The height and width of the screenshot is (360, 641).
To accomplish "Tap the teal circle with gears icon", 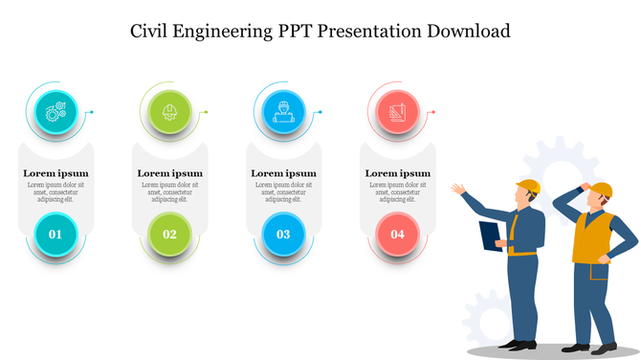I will click(x=55, y=111).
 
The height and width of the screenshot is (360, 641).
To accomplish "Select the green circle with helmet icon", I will click(x=169, y=111).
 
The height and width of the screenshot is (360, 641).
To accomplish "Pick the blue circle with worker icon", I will click(x=283, y=111).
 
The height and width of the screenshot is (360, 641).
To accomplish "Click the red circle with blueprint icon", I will click(x=397, y=111).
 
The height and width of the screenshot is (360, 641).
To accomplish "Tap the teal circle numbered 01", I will click(x=55, y=234).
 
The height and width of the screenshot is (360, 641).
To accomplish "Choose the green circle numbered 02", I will click(x=169, y=234).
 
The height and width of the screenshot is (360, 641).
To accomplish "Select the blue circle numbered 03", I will click(x=283, y=234).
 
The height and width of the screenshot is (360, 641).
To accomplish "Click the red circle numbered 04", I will click(x=397, y=234).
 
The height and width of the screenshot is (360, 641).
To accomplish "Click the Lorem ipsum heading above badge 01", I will click(x=55, y=173).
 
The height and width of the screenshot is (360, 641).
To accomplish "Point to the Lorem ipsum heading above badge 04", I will click(x=397, y=173).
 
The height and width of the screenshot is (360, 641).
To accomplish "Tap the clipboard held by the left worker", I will click(x=491, y=236).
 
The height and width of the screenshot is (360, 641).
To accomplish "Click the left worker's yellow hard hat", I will click(x=528, y=186).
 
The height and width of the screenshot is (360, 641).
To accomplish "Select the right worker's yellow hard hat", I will click(x=600, y=188).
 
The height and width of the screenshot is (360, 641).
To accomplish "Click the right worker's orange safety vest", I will click(x=590, y=237).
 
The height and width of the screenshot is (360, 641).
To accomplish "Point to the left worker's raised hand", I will click(x=459, y=189).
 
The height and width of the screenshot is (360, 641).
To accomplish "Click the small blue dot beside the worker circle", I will click(x=320, y=112).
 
